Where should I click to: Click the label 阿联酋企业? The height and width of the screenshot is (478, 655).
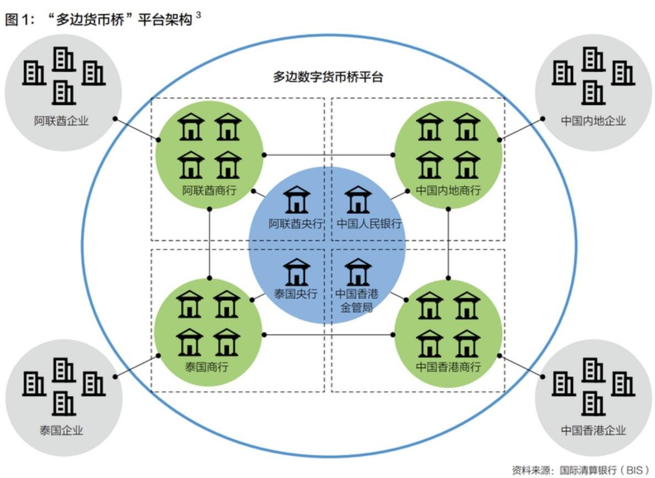pos(61,121)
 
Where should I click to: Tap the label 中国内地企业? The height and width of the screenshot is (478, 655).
pos(593,121)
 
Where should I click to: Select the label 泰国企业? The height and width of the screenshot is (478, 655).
pos(61,431)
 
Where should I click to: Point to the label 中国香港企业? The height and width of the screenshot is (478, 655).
pos(593,431)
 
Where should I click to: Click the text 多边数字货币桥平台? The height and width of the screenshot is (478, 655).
pos(328,77)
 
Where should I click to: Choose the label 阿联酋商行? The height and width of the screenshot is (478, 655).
pos(210,190)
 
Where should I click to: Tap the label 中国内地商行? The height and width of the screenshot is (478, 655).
pos(448,190)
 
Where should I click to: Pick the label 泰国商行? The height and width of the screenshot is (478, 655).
pos(207,367)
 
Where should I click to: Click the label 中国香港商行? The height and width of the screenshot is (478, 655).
pos(448,367)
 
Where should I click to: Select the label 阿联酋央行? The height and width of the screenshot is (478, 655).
pos(296,224)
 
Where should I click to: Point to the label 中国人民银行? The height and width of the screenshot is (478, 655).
pos(369,224)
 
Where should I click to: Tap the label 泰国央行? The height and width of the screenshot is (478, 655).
pos(296,294)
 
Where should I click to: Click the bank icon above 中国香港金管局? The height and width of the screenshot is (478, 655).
pos(358,272)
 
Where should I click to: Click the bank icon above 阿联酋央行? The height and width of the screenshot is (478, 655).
pos(297,199)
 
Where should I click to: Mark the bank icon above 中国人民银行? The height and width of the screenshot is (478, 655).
pos(358,199)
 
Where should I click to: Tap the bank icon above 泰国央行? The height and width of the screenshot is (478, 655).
pos(297,272)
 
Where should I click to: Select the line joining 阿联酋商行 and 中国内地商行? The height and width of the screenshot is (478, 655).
pos(329,155)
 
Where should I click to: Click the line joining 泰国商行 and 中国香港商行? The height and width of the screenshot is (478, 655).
pos(329,335)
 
